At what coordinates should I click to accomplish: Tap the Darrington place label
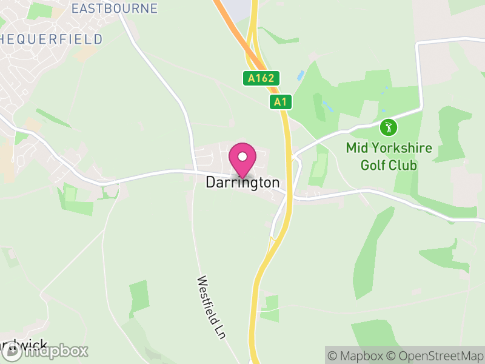click(242, 183)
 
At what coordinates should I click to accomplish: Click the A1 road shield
click(280, 102)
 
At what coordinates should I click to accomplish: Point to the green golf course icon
click(389, 127)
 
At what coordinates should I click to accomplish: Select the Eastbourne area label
click(114, 8)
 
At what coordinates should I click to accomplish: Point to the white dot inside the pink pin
click(242, 157)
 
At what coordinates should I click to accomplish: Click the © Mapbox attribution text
click(356, 355)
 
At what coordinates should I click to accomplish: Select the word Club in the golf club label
click(404, 164)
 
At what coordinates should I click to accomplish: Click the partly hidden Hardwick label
click(24, 346)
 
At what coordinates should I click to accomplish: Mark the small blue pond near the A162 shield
click(300, 76)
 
